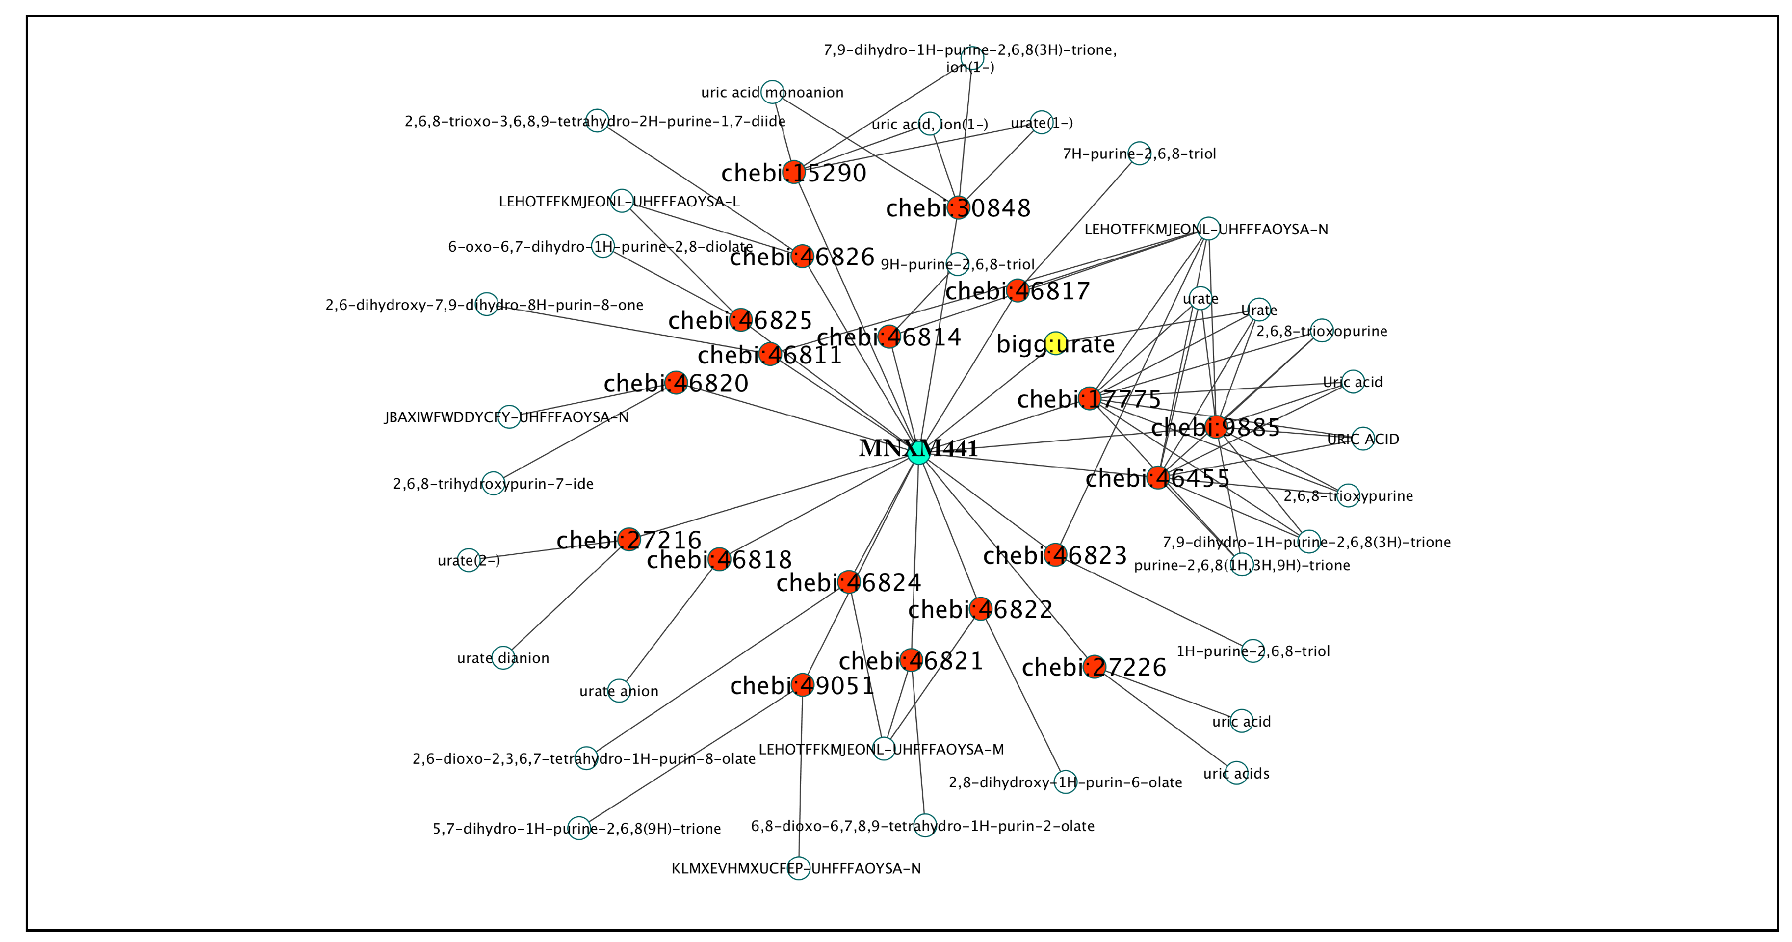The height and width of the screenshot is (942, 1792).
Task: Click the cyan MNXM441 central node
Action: coord(918,451)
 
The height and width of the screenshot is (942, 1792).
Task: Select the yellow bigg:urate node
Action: coord(1055,343)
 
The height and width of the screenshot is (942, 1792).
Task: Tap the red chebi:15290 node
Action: coord(794,171)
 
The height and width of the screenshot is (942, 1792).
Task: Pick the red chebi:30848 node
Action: coord(959,207)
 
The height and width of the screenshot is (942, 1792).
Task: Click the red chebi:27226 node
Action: coord(1094,666)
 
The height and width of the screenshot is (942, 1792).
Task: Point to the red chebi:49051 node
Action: coord(802,684)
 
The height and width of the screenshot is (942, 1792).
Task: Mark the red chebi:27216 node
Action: coord(629,539)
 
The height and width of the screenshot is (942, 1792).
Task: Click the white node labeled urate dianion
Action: coord(503,658)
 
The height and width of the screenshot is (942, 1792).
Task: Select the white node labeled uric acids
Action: coord(1236,773)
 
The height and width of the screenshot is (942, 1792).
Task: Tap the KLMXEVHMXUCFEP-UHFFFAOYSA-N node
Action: coord(799,868)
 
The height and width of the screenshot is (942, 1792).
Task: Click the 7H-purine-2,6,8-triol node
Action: coord(1139,153)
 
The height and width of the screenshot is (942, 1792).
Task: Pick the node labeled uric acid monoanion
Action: coord(772,92)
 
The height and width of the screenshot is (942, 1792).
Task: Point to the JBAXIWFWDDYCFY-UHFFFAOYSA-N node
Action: coord(509,417)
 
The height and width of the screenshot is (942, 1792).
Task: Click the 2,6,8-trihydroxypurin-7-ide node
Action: coord(493,483)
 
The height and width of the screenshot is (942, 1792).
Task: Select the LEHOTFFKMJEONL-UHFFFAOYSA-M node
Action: coord(884,749)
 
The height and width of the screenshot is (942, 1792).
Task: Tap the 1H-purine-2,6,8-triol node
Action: coord(1253,651)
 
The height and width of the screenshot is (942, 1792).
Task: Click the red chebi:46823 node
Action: coord(1055,554)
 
